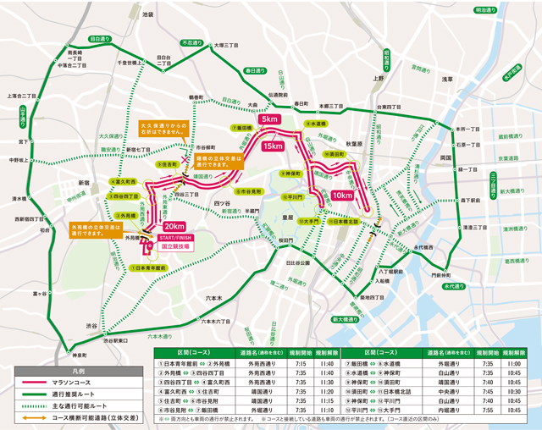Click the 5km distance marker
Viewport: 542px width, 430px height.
tap(269, 120)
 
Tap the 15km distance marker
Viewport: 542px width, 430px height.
tap(274, 146)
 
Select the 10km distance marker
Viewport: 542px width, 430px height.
tap(343, 195)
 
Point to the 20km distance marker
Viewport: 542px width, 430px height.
tap(174, 227)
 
